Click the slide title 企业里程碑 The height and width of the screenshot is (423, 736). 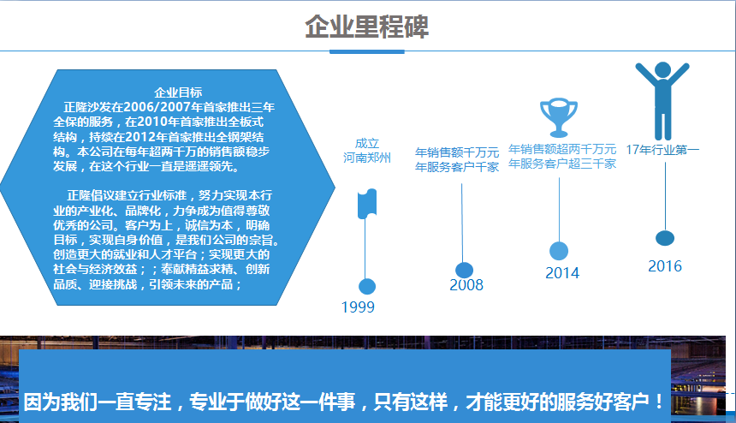coord(366,27)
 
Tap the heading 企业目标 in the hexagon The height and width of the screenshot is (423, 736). coord(178,92)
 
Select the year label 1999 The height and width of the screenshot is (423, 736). coord(358,307)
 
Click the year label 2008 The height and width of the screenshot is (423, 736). coord(466,285)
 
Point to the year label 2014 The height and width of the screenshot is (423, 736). coord(562,273)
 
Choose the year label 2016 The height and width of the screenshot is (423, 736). coord(665,266)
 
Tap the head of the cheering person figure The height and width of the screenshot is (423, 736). coord(662,70)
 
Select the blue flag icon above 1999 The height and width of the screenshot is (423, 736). coord(367,204)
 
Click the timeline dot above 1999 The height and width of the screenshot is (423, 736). coord(367,286)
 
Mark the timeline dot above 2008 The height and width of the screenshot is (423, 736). coord(464,271)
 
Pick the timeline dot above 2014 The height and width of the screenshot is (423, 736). coord(559,251)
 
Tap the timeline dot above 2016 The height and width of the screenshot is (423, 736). coord(665,238)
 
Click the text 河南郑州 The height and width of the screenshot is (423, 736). coord(366,158)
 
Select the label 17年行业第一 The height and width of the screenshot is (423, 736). coord(662,150)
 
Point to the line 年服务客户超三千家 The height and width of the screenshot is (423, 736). coord(562,164)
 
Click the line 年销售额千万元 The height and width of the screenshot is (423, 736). coord(457,152)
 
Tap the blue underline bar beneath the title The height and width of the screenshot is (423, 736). coord(367,51)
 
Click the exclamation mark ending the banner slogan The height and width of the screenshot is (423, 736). coord(659,402)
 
